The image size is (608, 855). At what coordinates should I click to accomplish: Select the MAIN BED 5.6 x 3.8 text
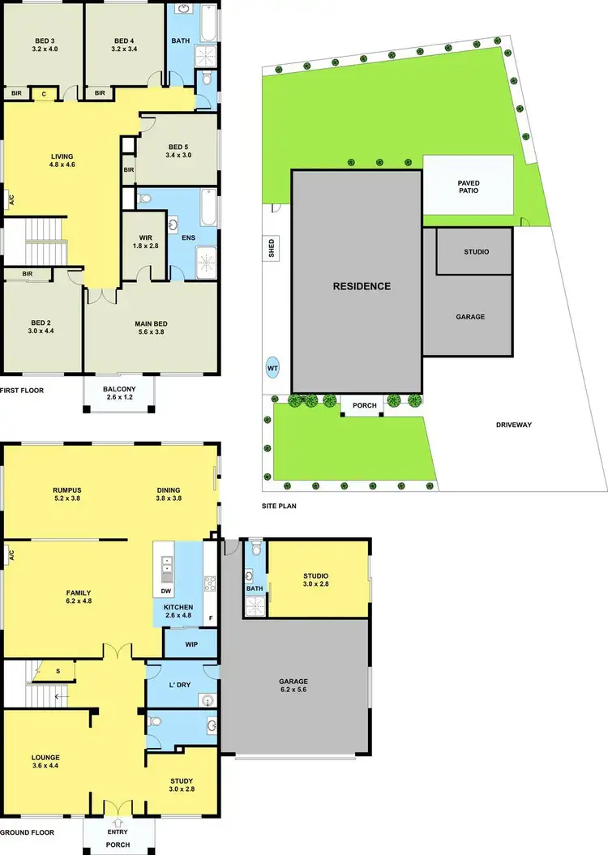(149, 328)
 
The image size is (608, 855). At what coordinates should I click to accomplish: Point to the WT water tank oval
(272, 368)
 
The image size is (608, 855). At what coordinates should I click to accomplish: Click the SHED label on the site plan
(272, 247)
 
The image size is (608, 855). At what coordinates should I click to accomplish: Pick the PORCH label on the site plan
(360, 405)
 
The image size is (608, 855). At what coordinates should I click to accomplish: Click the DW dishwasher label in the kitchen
(165, 591)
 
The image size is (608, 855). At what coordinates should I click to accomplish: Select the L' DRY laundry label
(179, 685)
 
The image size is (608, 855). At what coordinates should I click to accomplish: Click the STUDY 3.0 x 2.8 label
(182, 784)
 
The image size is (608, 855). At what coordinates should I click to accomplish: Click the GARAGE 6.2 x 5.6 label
(295, 686)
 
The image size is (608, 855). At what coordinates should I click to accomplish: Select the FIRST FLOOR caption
(22, 390)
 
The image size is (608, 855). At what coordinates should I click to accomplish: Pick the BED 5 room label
(177, 151)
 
